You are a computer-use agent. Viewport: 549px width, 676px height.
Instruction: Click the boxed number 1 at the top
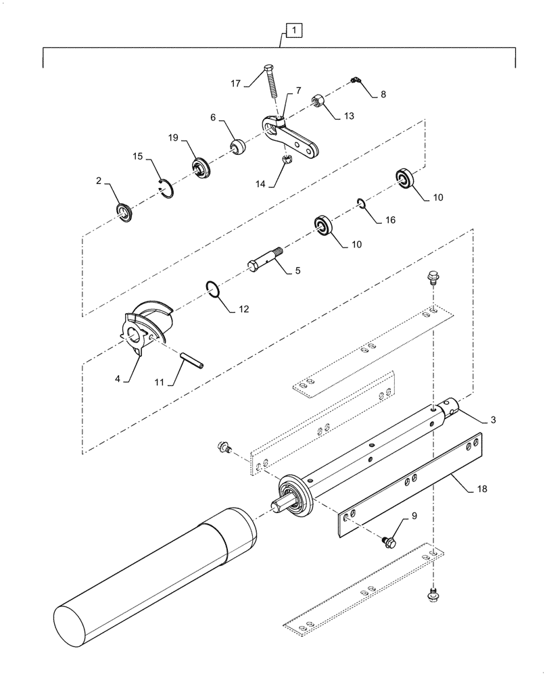293,30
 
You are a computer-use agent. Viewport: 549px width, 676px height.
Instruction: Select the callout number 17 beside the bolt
235,83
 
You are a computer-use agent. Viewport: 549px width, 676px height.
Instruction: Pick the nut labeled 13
319,102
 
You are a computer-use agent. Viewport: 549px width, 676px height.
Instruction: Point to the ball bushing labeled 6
239,146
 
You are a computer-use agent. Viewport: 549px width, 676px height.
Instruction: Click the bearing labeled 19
200,166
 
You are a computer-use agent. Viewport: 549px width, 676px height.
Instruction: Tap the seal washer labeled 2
125,212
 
